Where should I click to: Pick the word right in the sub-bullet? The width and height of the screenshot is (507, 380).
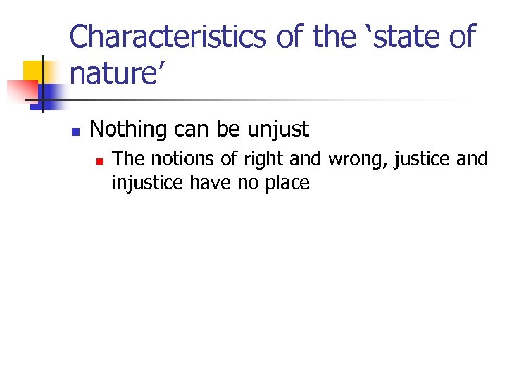click(x=244, y=160)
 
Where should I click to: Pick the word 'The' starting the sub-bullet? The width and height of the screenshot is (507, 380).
click(x=127, y=159)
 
